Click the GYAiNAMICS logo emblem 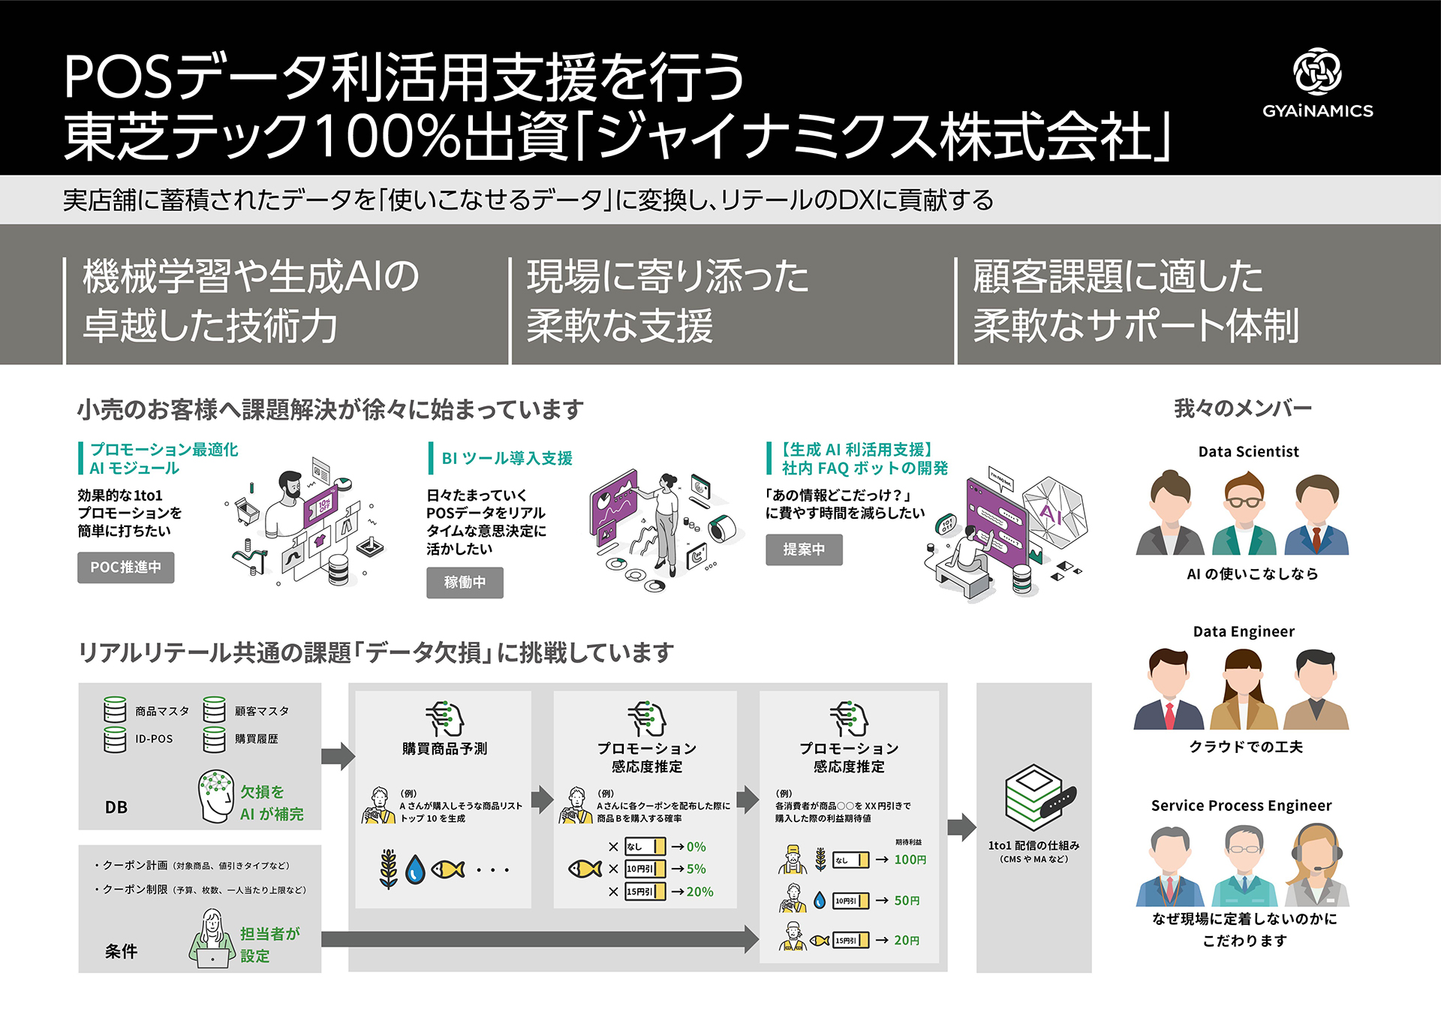click(x=1317, y=71)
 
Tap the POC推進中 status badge click(x=126, y=568)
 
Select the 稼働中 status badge click(x=465, y=583)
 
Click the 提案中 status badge click(x=804, y=550)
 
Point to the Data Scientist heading click(x=1248, y=451)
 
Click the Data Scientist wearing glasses click(x=1244, y=514)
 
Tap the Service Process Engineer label click(x=1241, y=806)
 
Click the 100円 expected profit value click(x=910, y=860)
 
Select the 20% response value click(x=699, y=892)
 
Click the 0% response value click(x=696, y=847)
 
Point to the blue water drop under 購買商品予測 click(x=415, y=870)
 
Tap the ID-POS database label click(x=154, y=739)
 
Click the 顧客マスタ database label click(x=261, y=711)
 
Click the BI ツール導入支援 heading click(x=507, y=458)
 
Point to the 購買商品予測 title click(x=444, y=748)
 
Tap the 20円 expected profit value click(x=907, y=940)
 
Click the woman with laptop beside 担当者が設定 click(x=212, y=938)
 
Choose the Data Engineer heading click(x=1244, y=631)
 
